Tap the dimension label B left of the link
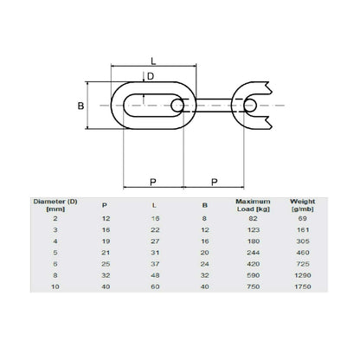click(x=81, y=105)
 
